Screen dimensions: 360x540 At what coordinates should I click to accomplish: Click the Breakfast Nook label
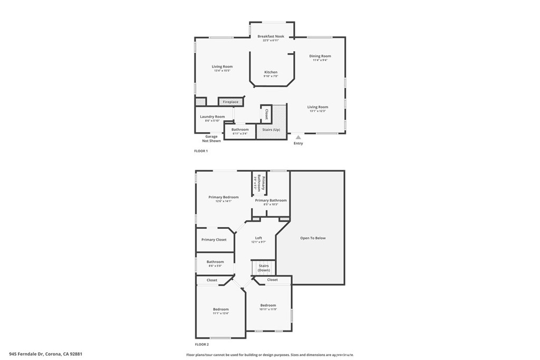[x=271, y=36]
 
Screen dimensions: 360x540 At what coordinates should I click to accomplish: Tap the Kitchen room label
[x=271, y=72]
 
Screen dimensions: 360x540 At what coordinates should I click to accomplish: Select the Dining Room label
[x=320, y=56]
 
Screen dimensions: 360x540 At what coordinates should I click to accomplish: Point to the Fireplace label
[x=230, y=102]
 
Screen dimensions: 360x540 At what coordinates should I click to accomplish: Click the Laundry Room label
[x=212, y=116]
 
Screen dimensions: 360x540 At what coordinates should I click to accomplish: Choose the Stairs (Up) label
[x=271, y=129]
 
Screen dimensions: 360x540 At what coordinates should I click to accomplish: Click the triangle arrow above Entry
[x=298, y=137]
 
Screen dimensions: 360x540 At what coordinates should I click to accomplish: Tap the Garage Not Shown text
[x=211, y=139]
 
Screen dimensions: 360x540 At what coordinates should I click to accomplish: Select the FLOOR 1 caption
[x=201, y=151]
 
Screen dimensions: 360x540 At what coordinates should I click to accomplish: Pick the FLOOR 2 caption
[x=201, y=344]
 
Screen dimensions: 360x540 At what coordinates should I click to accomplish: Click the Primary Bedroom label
[x=223, y=197]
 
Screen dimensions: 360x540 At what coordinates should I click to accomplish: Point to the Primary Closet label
[x=214, y=240]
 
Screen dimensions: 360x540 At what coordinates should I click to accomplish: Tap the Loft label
[x=258, y=238]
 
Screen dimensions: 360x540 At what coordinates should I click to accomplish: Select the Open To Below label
[x=313, y=238]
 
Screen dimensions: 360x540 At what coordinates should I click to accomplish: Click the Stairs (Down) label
[x=264, y=268]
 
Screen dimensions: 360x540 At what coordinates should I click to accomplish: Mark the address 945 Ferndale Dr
[x=27, y=354]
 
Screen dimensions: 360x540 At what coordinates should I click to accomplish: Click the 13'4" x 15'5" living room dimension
[x=222, y=71]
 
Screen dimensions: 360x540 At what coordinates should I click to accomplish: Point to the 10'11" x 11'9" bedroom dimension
[x=268, y=310]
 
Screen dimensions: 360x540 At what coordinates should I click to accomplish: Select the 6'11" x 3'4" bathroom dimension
[x=240, y=133]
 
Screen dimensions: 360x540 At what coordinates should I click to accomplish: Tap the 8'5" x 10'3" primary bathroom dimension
[x=271, y=205]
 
